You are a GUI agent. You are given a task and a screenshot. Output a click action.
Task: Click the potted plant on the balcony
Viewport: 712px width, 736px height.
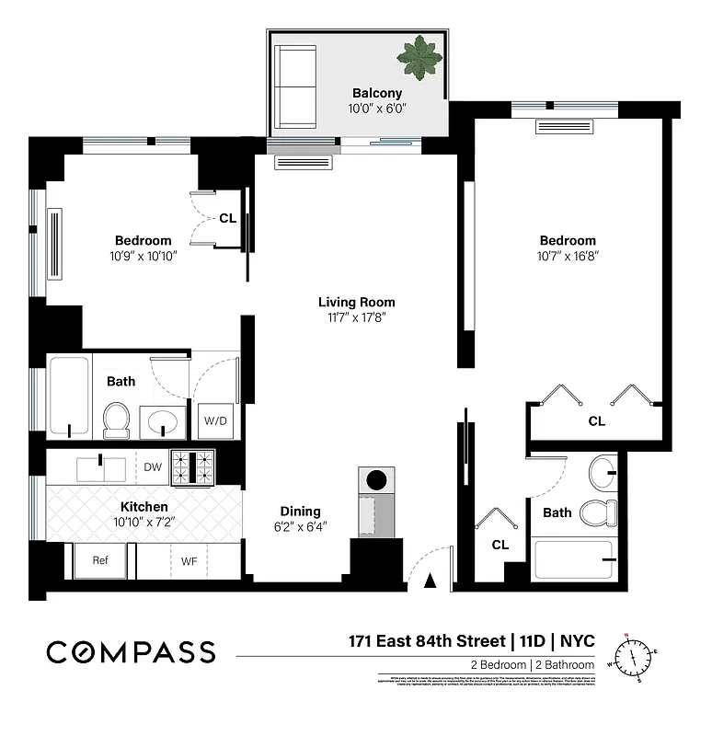coord(419,56)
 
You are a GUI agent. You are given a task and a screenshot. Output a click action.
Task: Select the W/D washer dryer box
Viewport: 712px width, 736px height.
coord(216,420)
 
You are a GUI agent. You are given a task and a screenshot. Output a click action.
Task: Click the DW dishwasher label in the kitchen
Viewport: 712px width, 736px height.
coord(153,466)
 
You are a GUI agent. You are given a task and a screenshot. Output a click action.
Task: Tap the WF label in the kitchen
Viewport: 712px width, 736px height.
coord(189,560)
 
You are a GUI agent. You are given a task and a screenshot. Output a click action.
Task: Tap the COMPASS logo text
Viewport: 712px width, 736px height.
coord(132,652)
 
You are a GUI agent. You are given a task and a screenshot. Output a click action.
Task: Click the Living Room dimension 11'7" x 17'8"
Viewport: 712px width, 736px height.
coord(357,318)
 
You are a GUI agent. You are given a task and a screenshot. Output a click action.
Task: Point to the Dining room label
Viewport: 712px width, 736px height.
coord(301,512)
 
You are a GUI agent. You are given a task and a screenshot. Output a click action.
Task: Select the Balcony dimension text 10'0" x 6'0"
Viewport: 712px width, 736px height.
coord(377,109)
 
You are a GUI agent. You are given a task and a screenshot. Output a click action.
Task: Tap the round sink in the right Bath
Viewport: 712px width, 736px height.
coord(604,473)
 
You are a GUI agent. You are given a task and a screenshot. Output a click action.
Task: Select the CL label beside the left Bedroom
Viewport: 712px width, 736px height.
coord(227,219)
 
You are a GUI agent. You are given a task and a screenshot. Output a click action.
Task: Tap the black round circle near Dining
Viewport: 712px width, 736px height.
coord(376,479)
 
